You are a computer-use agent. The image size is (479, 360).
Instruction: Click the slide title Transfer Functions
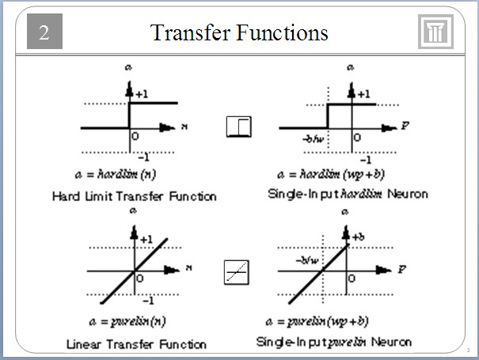click(x=239, y=32)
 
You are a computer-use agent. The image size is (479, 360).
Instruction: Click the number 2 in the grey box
click(x=44, y=33)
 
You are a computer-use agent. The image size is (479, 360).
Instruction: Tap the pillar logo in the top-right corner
click(x=435, y=32)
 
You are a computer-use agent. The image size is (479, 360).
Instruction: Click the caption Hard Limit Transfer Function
click(x=134, y=195)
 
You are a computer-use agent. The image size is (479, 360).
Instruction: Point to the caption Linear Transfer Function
click(x=136, y=344)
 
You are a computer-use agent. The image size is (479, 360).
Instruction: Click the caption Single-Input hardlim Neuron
click(x=346, y=194)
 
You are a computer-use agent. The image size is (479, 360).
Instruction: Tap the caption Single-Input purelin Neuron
click(x=334, y=342)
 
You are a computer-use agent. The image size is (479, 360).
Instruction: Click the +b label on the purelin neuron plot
click(x=358, y=237)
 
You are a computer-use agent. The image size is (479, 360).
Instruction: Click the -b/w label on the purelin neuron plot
click(x=307, y=258)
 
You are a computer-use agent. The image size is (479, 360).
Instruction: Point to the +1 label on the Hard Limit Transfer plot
click(x=141, y=94)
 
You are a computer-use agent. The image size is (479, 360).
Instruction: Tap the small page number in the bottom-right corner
click(x=469, y=349)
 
